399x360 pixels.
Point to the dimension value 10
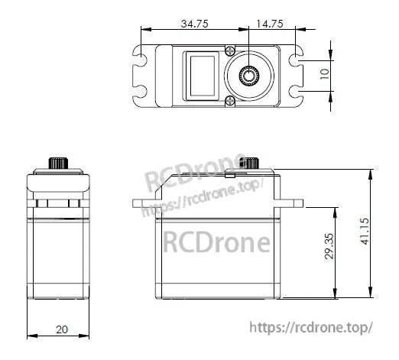[324, 75]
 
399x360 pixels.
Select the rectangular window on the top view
[202, 74]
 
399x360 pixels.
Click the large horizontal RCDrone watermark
[216, 242]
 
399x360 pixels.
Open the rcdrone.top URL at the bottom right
[311, 327]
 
